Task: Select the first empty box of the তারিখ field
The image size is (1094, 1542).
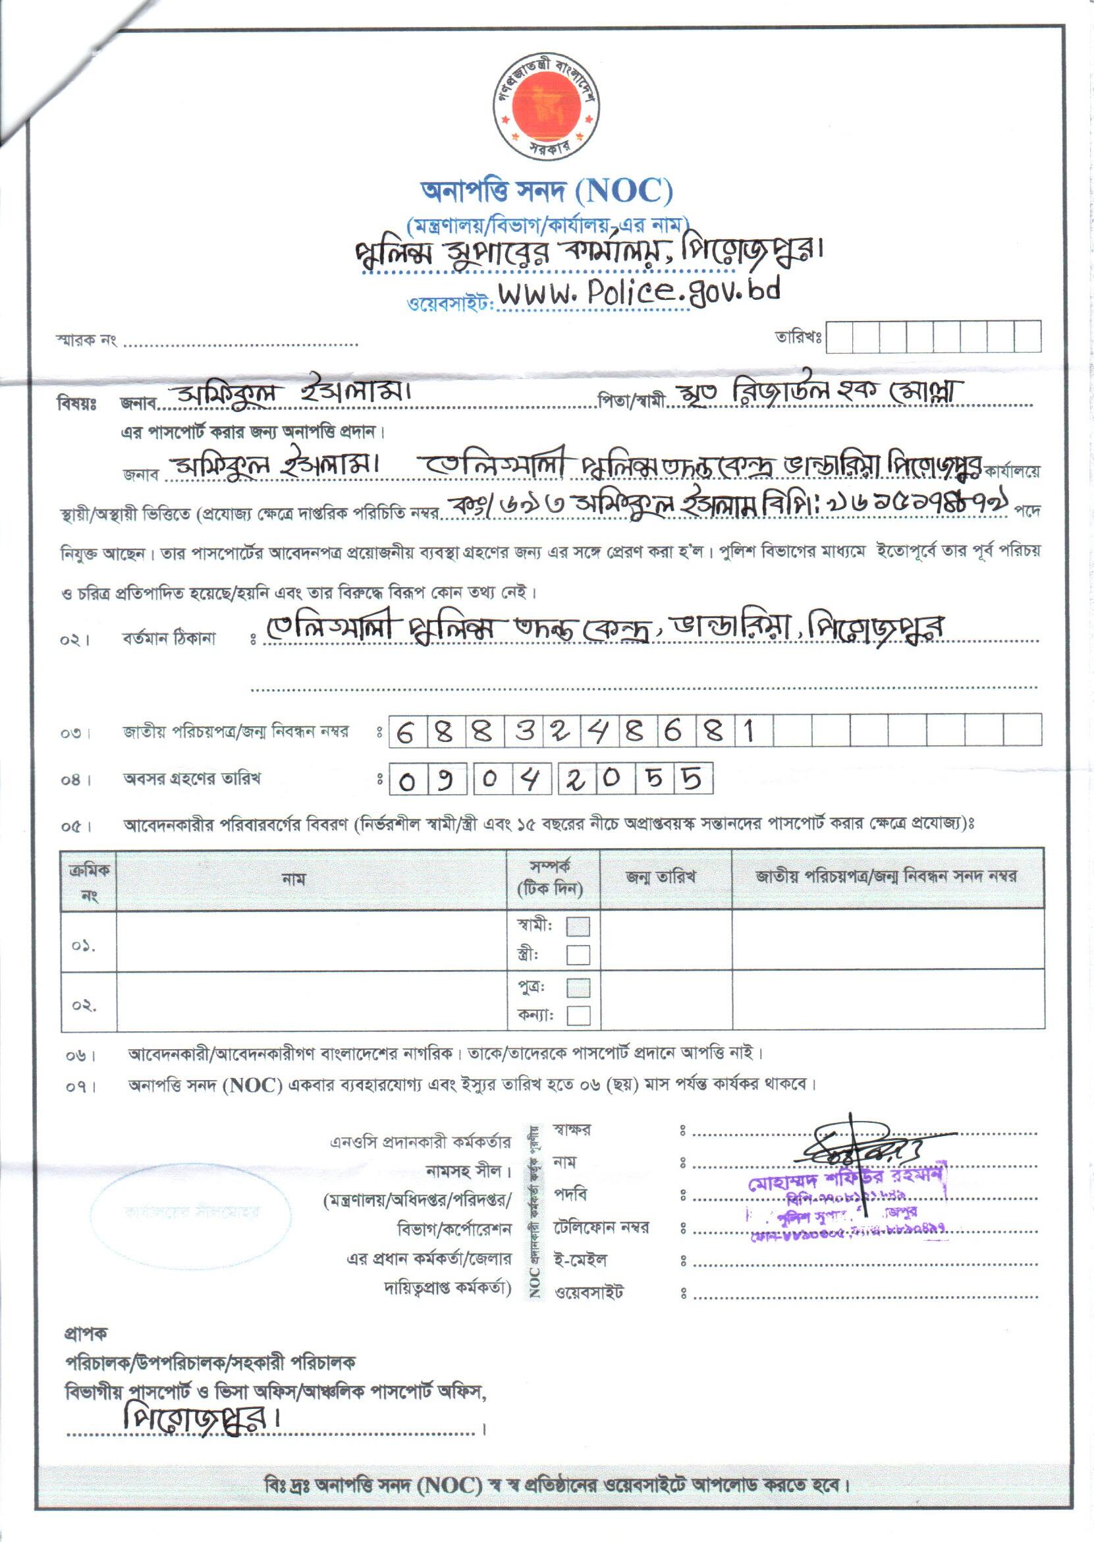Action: (839, 337)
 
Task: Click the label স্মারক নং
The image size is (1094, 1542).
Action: (86, 340)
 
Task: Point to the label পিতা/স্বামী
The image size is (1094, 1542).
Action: (631, 403)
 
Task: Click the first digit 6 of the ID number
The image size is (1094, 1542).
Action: (405, 731)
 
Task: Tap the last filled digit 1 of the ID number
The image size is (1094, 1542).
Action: (748, 730)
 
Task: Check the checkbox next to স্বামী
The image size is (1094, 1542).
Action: (578, 927)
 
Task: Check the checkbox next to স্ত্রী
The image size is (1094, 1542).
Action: (578, 954)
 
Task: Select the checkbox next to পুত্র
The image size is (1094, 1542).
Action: (578, 987)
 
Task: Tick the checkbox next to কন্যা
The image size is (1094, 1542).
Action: (578, 1015)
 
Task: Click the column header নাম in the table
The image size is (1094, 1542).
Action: (294, 879)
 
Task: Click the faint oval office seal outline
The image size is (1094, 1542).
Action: (190, 1212)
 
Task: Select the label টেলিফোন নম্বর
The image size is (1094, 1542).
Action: (601, 1227)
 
